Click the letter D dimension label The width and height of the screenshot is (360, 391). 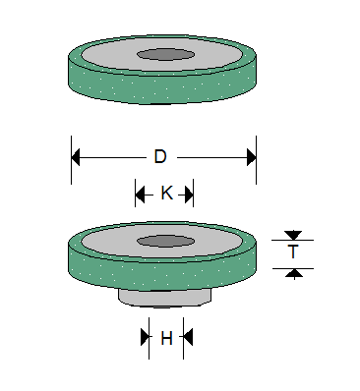pos(161,157)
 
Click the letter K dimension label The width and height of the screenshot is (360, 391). pos(165,194)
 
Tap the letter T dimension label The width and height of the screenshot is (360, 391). pos(293,252)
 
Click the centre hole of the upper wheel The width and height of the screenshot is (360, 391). pos(164,54)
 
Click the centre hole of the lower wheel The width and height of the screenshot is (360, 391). pos(164,240)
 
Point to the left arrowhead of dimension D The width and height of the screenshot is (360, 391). pos(77,157)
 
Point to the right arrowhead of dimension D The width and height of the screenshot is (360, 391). pos(250,157)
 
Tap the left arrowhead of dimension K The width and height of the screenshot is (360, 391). pos(141,194)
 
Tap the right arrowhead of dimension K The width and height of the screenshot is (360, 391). pos(189,194)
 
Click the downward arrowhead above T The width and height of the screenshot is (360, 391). pos(293,235)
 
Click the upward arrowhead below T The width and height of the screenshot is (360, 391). pos(293,272)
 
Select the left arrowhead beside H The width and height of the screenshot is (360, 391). pos(144,337)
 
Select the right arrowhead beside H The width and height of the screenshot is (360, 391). pos(188,337)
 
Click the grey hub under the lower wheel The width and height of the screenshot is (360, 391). pos(164,298)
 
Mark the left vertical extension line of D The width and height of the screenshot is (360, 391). pos(71,162)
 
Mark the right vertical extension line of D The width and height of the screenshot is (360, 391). pos(256,162)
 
